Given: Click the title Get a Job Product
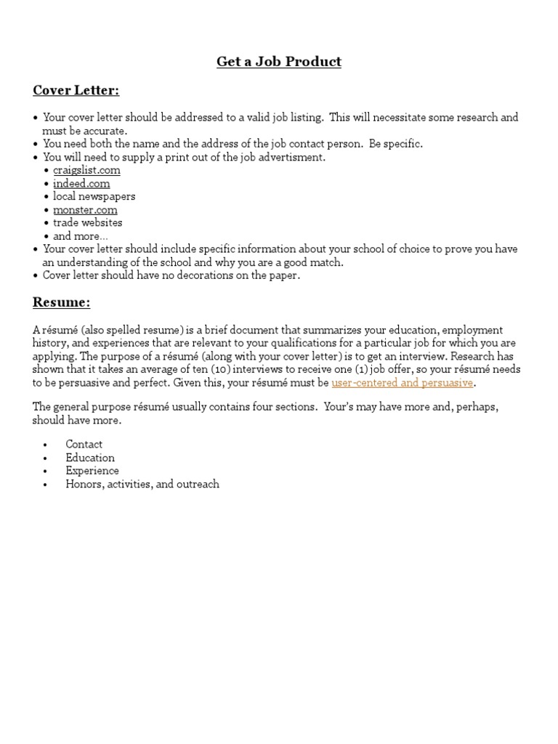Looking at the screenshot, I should point(278,62).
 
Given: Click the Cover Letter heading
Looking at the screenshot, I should point(76,90).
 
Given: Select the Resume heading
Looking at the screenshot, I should point(61,302).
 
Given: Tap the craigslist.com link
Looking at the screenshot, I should point(86,170).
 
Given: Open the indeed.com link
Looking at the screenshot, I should point(81,183).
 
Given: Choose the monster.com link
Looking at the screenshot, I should point(85,209).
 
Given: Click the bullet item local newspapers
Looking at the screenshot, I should point(94,196).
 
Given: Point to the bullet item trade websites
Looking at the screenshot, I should point(87,222).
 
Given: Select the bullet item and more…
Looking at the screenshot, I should point(80,236).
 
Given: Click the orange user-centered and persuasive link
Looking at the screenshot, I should point(402,382).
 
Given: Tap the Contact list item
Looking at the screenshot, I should point(84,444).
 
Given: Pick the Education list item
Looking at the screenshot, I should point(90,458).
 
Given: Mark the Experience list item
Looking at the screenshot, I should point(92,471).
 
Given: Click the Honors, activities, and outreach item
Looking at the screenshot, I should point(142,484).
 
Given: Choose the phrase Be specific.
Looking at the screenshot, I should point(396,144).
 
